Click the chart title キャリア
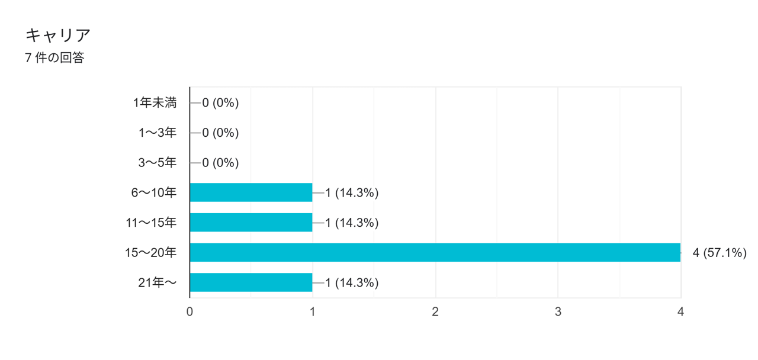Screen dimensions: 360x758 (x=58, y=36)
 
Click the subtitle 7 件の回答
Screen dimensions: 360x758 (x=54, y=58)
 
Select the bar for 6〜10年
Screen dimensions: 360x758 (x=250, y=192)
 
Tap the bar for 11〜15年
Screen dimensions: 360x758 (x=250, y=223)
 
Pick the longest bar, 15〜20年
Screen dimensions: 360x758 (x=435, y=252)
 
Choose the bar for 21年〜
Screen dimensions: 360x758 (x=250, y=282)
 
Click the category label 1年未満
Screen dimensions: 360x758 (x=155, y=103)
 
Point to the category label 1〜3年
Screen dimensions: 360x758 (x=158, y=133)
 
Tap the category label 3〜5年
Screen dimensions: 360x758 (x=158, y=163)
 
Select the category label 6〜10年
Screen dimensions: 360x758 (x=154, y=192)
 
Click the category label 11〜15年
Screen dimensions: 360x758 (x=151, y=223)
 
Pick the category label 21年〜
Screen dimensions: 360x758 (x=157, y=282)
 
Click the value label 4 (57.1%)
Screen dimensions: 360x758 (x=719, y=253)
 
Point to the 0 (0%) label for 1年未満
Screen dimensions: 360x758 (x=220, y=103)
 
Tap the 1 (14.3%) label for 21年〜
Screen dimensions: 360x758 (x=352, y=282)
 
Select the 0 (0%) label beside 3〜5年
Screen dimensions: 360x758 (x=220, y=163)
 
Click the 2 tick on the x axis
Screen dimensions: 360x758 (x=435, y=311)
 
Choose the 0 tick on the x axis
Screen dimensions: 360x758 (x=189, y=311)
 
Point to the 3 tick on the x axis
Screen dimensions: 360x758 (x=558, y=311)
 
